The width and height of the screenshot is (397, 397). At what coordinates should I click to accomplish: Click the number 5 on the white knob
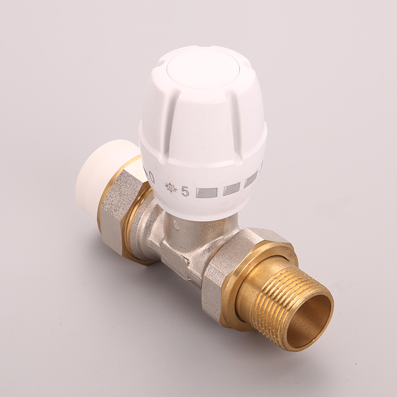tap(185, 192)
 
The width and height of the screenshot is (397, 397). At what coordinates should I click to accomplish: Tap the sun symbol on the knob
tap(170, 187)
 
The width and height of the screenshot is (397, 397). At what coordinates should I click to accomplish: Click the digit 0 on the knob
tap(151, 177)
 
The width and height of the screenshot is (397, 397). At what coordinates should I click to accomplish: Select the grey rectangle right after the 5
tap(207, 193)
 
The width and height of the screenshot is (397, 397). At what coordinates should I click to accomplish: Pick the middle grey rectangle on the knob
tap(231, 189)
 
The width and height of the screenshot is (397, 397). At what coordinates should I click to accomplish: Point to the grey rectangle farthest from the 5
tap(251, 179)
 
